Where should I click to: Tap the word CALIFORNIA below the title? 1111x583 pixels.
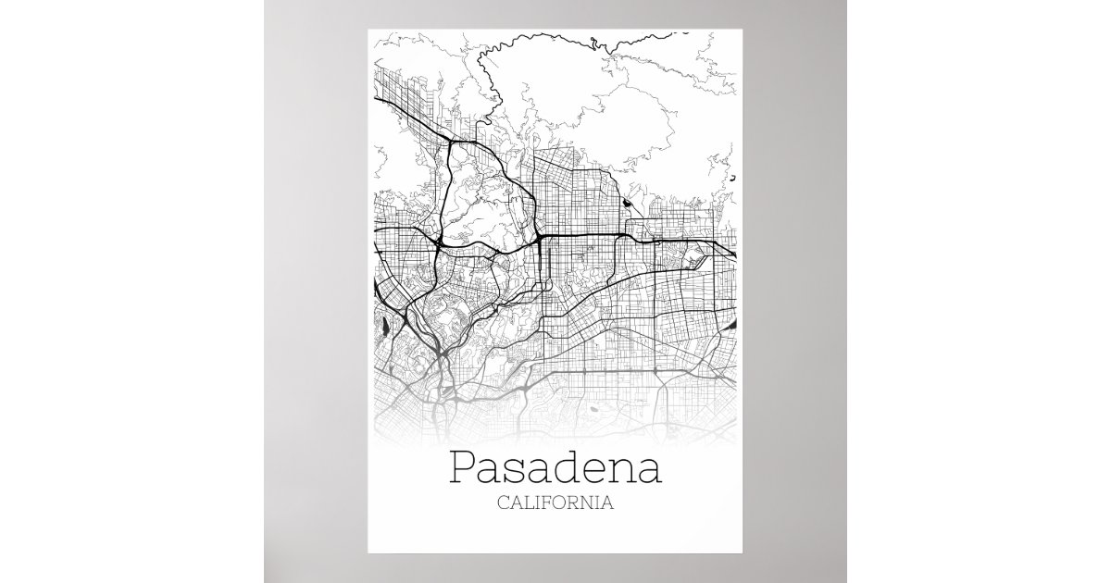pos(555,504)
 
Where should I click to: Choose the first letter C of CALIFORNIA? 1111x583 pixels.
pos(503,504)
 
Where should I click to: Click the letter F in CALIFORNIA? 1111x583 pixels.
pos(550,504)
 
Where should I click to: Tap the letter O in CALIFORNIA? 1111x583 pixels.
pos(564,504)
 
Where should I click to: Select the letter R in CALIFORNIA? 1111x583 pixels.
pos(578,504)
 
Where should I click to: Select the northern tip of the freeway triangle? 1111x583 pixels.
pos(451,141)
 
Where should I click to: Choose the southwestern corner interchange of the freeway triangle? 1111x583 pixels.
pos(434,242)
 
